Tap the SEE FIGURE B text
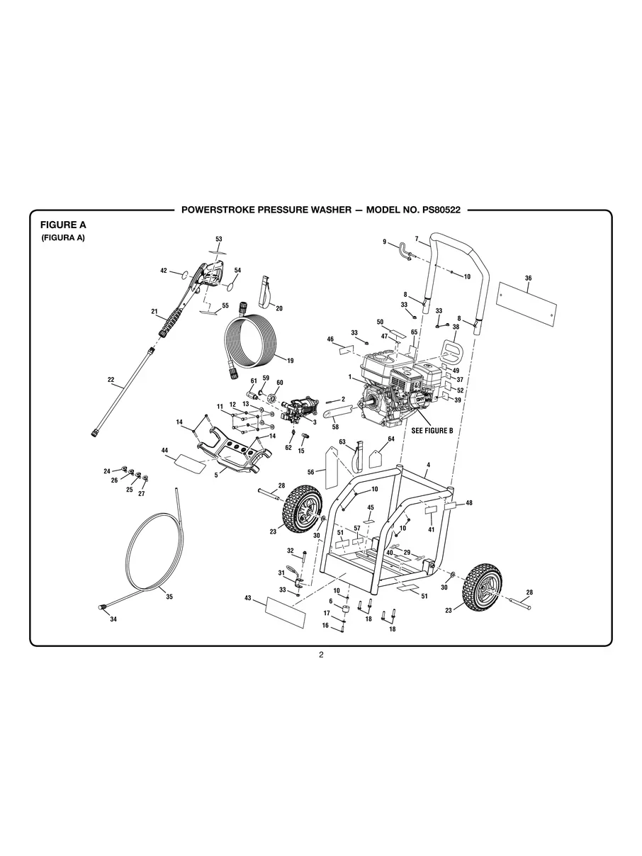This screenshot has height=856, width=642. [x=432, y=430]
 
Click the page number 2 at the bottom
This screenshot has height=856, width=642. [x=321, y=654]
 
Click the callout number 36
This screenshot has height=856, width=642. [x=528, y=278]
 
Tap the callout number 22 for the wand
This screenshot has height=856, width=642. [x=111, y=380]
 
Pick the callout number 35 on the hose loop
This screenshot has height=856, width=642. [x=169, y=597]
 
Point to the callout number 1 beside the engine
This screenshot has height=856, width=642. [x=350, y=376]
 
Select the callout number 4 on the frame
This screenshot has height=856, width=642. [x=428, y=465]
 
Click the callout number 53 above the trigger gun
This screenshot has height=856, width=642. [x=219, y=239]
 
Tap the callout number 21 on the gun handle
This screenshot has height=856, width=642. [x=154, y=312]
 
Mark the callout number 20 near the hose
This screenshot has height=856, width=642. [x=278, y=308]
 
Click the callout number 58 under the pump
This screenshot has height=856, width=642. [x=335, y=427]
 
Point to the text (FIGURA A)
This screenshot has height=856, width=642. [x=63, y=238]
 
